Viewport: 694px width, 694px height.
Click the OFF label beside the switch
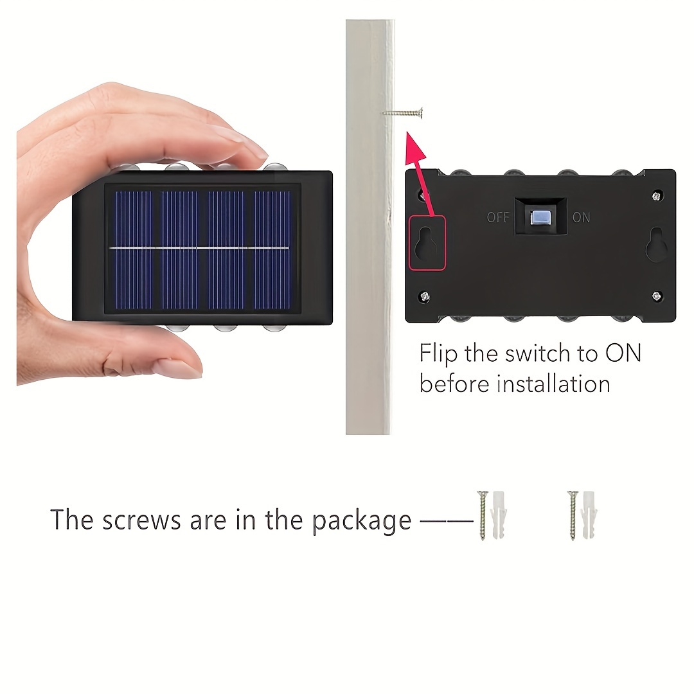498,217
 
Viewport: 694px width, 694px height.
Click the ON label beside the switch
581,217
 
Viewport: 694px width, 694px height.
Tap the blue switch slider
540,217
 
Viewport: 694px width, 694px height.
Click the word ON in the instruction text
623,353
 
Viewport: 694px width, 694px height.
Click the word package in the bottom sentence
361,520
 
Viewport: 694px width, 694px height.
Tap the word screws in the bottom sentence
141,520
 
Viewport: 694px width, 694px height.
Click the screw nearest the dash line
482,515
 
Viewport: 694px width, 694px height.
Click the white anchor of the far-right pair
589,515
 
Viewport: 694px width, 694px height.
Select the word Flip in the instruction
438,353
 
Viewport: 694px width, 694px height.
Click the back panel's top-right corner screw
657,195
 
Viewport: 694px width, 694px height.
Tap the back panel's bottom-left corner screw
425,296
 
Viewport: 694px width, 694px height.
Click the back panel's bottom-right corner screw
657,296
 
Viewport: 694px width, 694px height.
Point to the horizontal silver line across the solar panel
199,248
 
